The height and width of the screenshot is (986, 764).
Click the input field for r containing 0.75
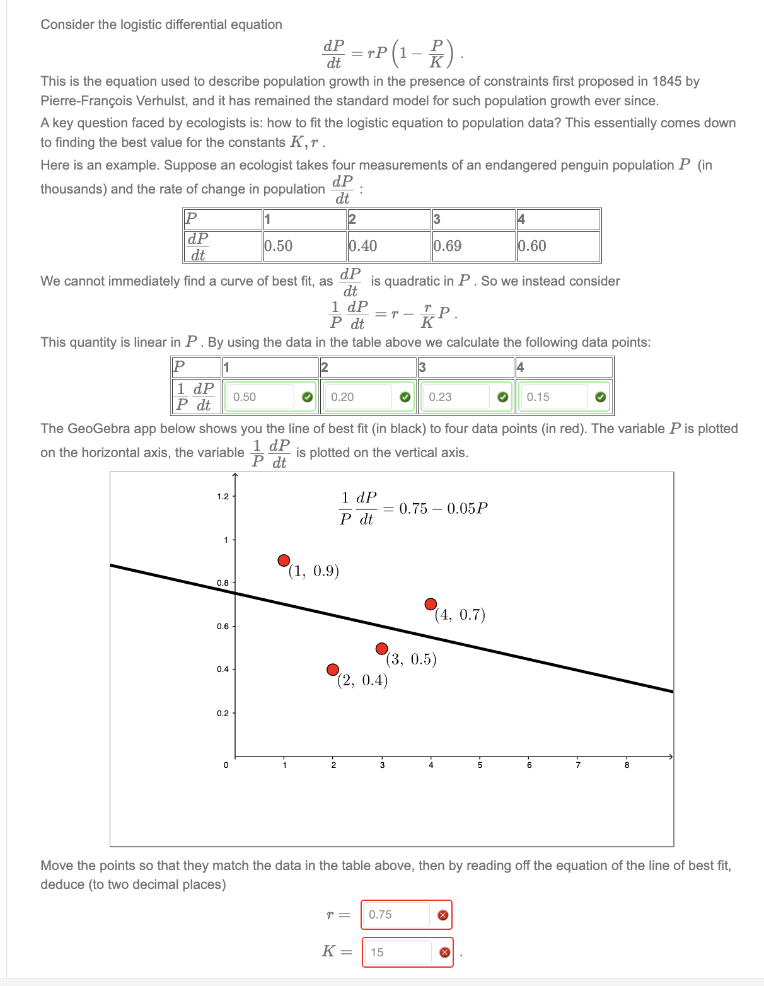(396, 915)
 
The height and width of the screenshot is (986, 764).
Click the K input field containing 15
(398, 952)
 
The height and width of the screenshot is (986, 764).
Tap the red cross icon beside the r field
(443, 915)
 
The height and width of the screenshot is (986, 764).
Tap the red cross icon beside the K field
(444, 953)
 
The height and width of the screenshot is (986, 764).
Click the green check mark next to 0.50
(307, 397)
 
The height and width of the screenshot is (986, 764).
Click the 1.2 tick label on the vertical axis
(223, 497)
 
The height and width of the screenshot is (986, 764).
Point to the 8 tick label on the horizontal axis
(627, 765)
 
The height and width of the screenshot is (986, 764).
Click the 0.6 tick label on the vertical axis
(223, 627)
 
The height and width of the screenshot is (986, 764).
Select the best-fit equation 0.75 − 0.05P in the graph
(414, 509)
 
